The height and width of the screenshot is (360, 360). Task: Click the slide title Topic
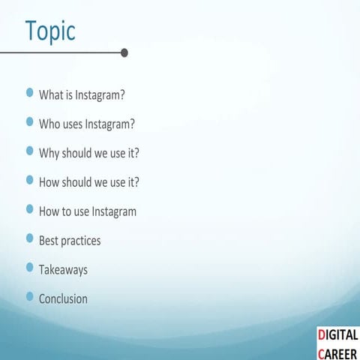[x=50, y=31]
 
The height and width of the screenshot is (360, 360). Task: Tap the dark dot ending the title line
[x=124, y=52]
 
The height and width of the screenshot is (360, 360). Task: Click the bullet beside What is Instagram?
[x=30, y=93]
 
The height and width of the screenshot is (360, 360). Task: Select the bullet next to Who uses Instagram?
[x=30, y=121]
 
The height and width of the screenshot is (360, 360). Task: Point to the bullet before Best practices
[x=30, y=238]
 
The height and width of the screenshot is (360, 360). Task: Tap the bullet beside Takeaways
[x=30, y=267]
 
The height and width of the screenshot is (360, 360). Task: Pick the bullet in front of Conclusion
[x=30, y=296]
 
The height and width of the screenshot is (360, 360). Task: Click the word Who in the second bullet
[x=49, y=124]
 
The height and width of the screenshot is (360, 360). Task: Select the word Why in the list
[x=49, y=153]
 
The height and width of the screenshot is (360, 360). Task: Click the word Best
[x=49, y=241]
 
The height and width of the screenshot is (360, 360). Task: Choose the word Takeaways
[x=63, y=269]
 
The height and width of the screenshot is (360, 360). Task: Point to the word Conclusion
[x=63, y=298]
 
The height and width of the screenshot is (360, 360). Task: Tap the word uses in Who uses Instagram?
[x=75, y=124]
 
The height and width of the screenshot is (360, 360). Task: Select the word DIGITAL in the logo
[x=337, y=334]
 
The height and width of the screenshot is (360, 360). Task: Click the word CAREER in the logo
[x=337, y=352]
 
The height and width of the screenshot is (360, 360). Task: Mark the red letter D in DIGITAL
[x=321, y=334]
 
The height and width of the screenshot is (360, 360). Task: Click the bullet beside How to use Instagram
[x=30, y=209]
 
